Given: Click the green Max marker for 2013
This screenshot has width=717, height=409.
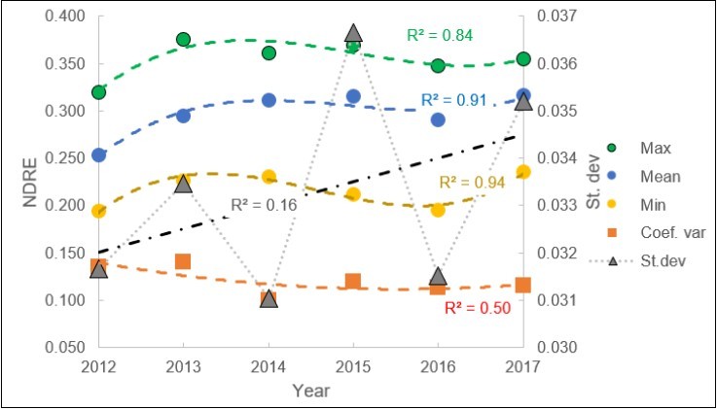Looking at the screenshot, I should click(x=183, y=40).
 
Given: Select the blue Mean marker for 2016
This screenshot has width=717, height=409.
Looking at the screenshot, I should click(x=438, y=119).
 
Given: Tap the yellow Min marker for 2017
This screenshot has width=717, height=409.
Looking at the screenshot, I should click(x=523, y=172).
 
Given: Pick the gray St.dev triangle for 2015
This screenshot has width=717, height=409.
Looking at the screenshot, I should click(x=353, y=34).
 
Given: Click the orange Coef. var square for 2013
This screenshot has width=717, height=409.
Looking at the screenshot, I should click(x=183, y=261).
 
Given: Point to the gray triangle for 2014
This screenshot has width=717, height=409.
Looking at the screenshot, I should click(x=269, y=299).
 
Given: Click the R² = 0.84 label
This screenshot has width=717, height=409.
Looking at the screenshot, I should click(x=440, y=36).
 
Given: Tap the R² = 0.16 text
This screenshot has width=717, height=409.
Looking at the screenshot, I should click(x=263, y=204).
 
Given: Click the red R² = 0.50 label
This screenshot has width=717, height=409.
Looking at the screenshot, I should click(x=477, y=308).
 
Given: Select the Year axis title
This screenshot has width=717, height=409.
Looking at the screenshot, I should click(x=310, y=392).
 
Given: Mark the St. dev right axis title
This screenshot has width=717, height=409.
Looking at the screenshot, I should click(x=599, y=182).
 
